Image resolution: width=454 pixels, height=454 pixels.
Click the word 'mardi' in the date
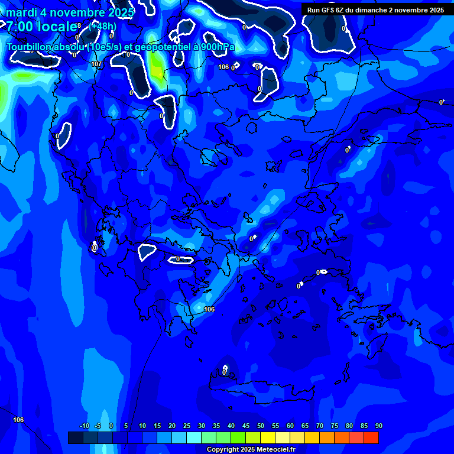[21, 12]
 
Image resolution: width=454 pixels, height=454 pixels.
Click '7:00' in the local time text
[22, 27]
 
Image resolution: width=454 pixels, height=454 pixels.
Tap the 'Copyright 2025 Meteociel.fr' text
[251, 449]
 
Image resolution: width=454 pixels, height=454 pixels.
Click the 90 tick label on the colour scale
[378, 426]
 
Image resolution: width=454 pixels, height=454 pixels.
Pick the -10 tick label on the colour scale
[84, 426]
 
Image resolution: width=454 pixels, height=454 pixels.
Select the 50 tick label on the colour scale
[260, 426]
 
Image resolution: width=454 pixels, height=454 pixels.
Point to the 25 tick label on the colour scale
[186, 426]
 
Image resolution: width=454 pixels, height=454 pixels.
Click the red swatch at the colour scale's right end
[371, 437]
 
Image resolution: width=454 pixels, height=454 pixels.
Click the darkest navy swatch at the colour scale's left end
[75, 437]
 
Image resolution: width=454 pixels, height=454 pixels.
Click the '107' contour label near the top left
[96, 64]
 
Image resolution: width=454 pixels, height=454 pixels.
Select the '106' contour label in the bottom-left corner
[18, 420]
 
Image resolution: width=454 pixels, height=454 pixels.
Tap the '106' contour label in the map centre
[209, 309]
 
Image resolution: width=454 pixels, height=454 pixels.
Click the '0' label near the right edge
[440, 102]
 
